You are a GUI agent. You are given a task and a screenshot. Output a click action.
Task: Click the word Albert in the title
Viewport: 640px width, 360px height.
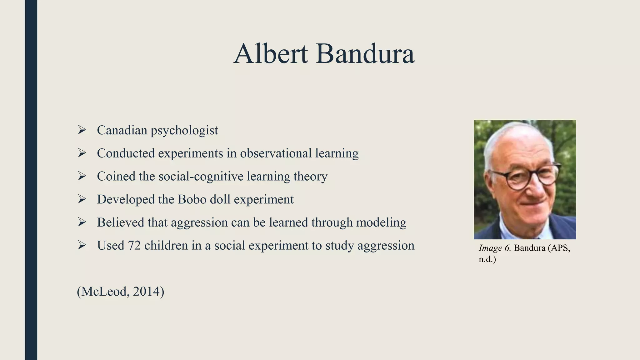(x=271, y=54)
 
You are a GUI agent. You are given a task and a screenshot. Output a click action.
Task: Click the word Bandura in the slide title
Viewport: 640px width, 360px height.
(x=365, y=54)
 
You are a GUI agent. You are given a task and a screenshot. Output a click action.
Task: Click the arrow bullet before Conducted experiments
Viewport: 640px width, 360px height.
(x=82, y=153)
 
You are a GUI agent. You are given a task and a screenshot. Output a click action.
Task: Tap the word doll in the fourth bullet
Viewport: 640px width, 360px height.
(x=220, y=199)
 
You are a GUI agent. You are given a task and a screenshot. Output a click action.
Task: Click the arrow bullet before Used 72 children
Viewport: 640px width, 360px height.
(x=82, y=246)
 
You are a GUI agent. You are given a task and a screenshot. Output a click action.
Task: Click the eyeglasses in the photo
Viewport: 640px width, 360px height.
(x=528, y=178)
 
